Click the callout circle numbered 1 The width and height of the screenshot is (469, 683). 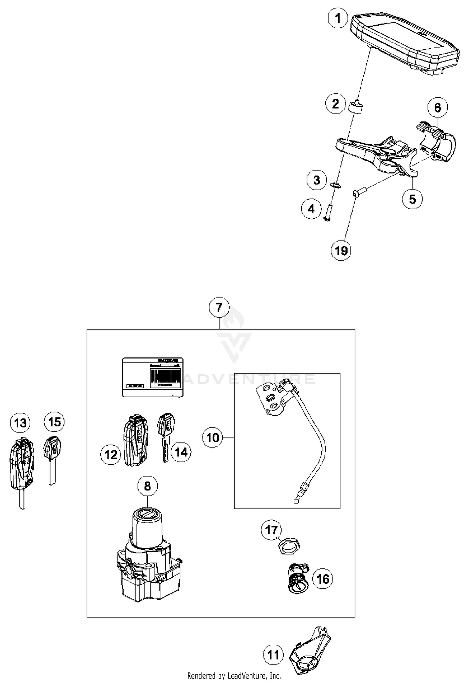pyautogui.click(x=338, y=18)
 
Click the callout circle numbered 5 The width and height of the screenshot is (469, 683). pyautogui.click(x=412, y=199)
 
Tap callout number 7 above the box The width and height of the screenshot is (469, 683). pyautogui.click(x=219, y=308)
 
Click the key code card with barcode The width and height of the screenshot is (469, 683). pyautogui.click(x=152, y=377)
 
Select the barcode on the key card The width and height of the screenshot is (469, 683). pyautogui.click(x=165, y=375)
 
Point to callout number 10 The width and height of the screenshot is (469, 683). pyautogui.click(x=213, y=437)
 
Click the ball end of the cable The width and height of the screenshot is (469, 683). pyautogui.click(x=296, y=501)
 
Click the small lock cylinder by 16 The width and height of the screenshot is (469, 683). pyautogui.click(x=297, y=580)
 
